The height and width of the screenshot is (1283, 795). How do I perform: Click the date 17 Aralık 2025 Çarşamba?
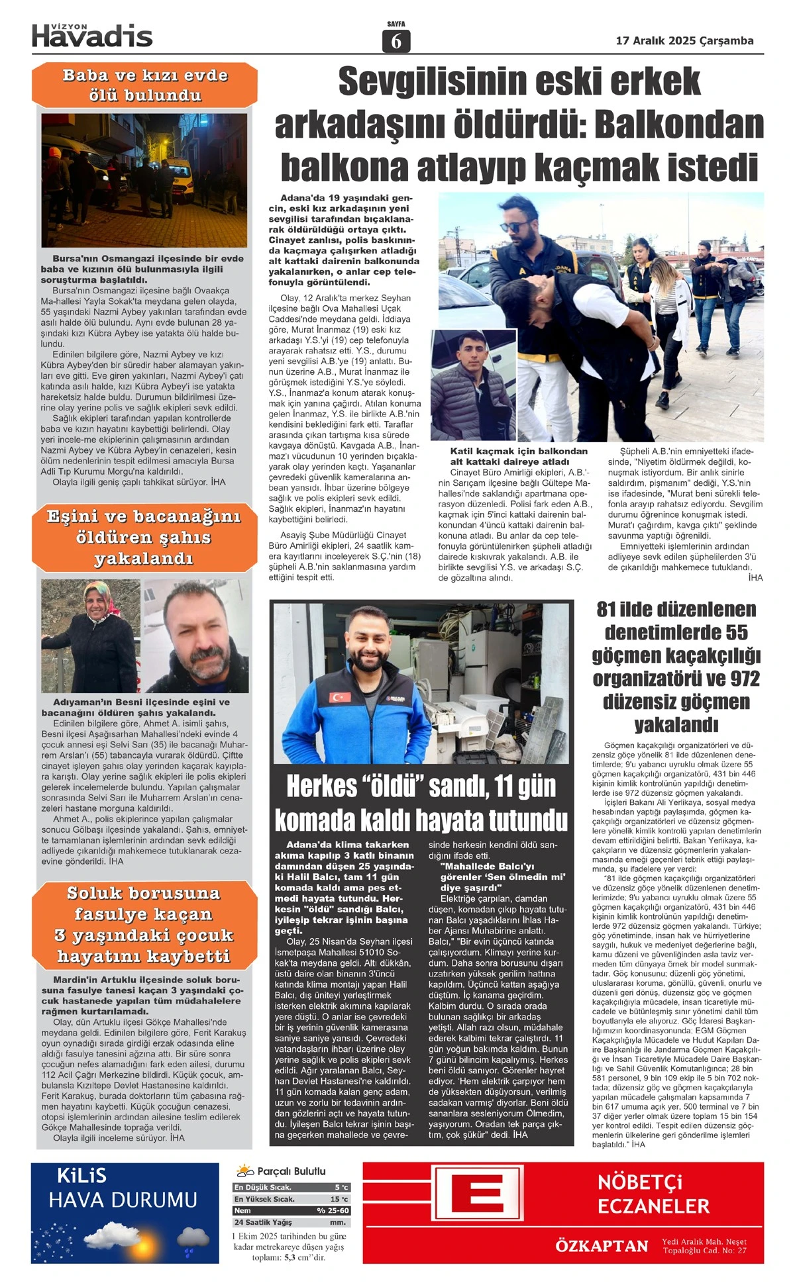[684, 41]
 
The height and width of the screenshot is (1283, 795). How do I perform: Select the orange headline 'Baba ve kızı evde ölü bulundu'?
[144, 85]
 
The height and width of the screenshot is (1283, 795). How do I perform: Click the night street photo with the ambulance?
[144, 180]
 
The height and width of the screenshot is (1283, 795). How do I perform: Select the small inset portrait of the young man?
[472, 385]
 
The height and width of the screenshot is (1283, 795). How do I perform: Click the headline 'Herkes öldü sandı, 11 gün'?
[421, 786]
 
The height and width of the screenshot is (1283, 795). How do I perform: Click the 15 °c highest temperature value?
[339, 1199]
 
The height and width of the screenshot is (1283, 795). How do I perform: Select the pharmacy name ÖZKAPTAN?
[601, 1246]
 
